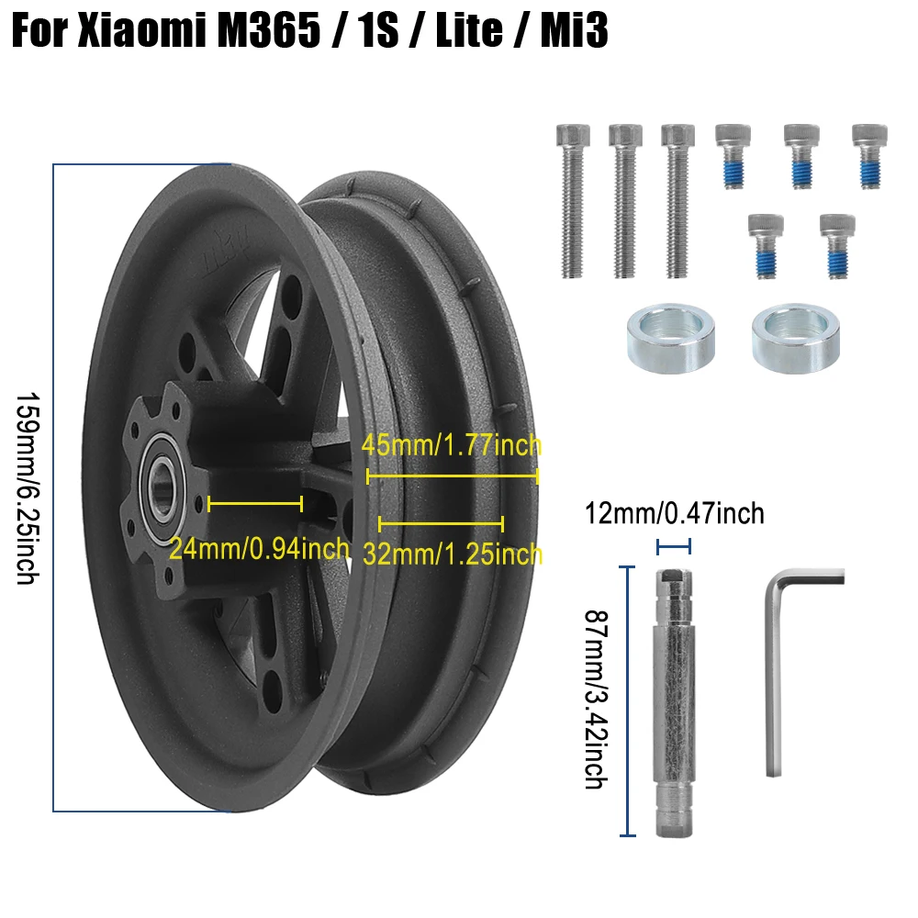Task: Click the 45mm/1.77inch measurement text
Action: pyautogui.click(x=451, y=446)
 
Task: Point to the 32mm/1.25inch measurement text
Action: pyautogui.click(x=452, y=554)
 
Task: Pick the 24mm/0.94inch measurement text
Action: pyautogui.click(x=259, y=549)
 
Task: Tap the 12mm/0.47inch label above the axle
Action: pyautogui.click(x=674, y=513)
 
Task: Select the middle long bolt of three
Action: pyautogui.click(x=623, y=201)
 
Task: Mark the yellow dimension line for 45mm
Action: pyautogui.click(x=452, y=476)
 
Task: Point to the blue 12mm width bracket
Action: pyautogui.click(x=673, y=547)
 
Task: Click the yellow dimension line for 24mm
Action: pyautogui.click(x=255, y=503)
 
